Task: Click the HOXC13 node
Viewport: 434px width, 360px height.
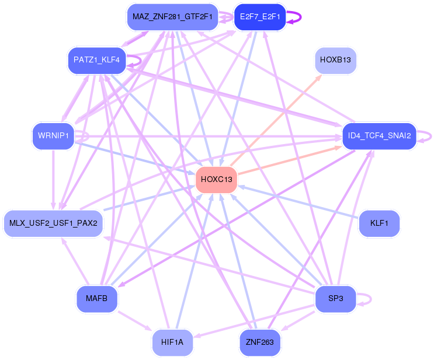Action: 217,180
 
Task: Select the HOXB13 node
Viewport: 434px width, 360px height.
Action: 335,60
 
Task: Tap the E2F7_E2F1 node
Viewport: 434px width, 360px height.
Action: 260,17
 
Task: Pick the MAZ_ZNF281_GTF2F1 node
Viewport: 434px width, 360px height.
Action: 172,17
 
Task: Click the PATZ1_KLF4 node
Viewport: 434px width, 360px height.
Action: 97,60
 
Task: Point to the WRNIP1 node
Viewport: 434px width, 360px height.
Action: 53,136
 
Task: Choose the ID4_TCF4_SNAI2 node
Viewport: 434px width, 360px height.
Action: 380,136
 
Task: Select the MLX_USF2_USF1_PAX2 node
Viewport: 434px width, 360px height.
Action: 53,223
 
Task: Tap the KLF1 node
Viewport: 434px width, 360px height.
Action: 379,223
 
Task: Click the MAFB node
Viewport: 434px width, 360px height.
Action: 97,299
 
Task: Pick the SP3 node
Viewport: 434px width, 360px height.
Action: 335,299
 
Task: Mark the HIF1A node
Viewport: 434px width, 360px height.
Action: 172,342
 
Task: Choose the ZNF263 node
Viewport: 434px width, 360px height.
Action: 260,342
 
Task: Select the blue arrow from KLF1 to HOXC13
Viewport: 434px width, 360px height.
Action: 298,202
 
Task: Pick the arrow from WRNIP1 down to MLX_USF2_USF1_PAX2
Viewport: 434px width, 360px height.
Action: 53,180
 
